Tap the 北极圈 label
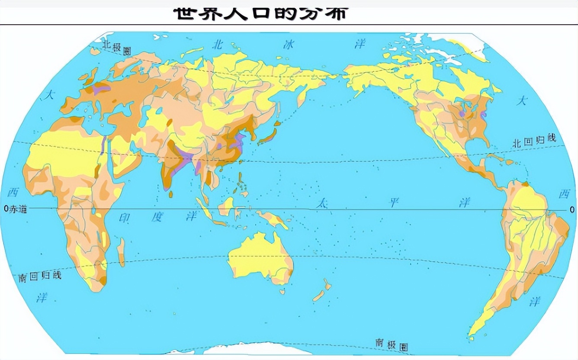pos(116,47)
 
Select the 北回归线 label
pos(533,141)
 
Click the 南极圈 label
pos(391,344)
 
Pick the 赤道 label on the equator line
pos(18,209)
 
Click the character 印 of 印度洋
pos(125,218)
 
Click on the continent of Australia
pos(260,257)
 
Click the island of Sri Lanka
pos(171,194)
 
